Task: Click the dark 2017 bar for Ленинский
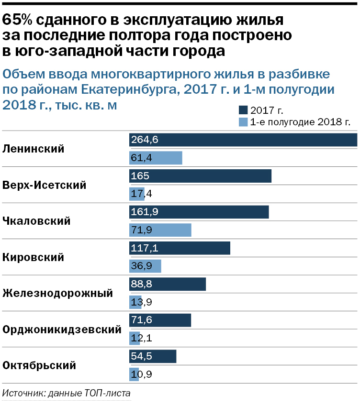(x=243, y=140)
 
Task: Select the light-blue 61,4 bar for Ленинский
(x=156, y=158)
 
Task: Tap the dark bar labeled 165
(x=200, y=176)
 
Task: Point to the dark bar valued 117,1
(x=180, y=248)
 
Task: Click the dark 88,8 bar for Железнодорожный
(x=168, y=284)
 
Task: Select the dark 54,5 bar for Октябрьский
(x=153, y=356)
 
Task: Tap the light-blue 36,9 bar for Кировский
(x=145, y=266)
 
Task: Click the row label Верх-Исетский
(x=45, y=185)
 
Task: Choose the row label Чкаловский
(x=37, y=221)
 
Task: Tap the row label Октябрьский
(x=39, y=365)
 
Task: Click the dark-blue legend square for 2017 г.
(x=243, y=109)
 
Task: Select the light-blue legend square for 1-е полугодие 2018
(x=243, y=121)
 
